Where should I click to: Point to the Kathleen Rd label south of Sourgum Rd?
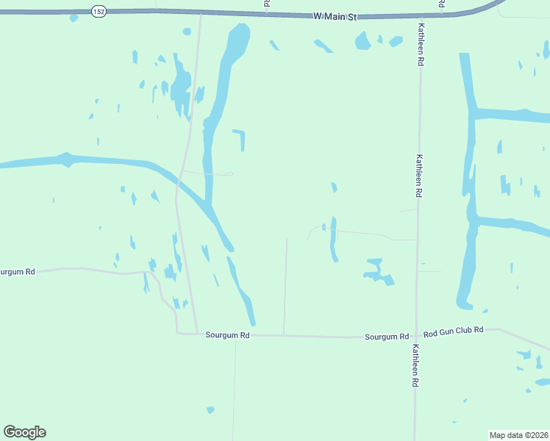(x=415, y=366)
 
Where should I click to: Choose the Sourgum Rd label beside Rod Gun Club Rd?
(x=387, y=337)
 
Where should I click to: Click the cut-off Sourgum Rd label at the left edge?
(x=16, y=272)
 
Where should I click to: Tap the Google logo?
(x=24, y=432)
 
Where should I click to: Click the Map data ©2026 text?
(x=518, y=434)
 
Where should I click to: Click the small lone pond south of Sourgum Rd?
(x=210, y=409)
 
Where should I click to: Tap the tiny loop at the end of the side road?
(x=229, y=174)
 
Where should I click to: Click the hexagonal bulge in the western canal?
(x=66, y=159)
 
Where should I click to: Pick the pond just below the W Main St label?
(x=362, y=41)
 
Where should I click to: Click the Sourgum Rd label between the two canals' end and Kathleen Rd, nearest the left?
(x=228, y=335)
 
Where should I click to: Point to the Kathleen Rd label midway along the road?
(x=419, y=176)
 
